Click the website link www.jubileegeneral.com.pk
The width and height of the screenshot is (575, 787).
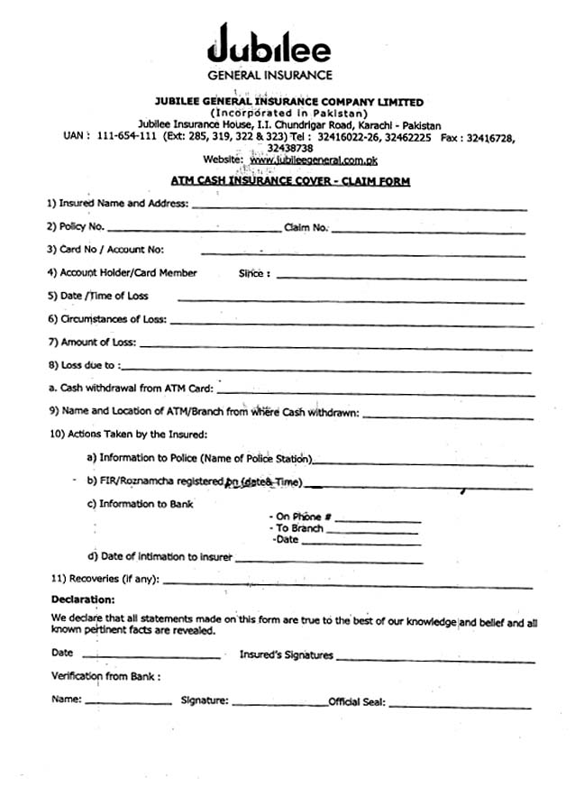[x=301, y=159]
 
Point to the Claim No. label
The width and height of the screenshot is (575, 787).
[x=306, y=228]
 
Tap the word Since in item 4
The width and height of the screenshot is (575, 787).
[x=254, y=273]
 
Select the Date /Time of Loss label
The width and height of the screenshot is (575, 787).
[x=98, y=296]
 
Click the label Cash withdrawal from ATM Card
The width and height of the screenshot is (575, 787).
[x=132, y=389]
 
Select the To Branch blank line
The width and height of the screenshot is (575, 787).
[x=371, y=532]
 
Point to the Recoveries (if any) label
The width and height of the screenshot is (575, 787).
[x=105, y=579]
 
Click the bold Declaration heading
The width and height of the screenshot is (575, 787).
[x=83, y=599]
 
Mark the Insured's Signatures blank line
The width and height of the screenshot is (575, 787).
[x=432, y=658]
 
